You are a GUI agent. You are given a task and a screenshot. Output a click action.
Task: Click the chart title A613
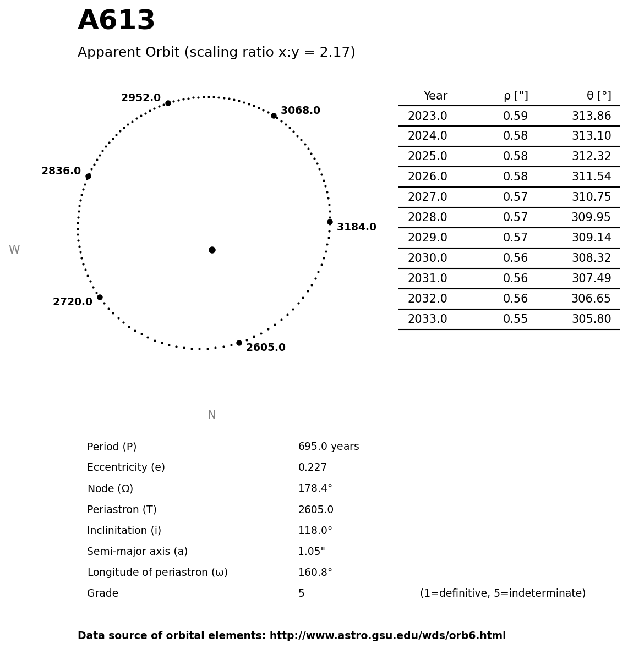[116, 21]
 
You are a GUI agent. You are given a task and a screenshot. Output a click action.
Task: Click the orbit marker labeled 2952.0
[168, 103]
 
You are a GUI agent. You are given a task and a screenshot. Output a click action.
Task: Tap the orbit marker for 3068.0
[274, 116]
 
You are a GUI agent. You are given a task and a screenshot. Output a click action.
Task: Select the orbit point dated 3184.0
[330, 222]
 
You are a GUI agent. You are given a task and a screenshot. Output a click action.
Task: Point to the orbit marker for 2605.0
[239, 343]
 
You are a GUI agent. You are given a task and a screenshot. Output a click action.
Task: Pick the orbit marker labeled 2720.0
[100, 297]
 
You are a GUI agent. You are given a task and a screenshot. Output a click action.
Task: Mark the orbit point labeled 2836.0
[88, 176]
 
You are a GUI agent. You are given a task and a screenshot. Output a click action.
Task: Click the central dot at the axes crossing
[212, 250]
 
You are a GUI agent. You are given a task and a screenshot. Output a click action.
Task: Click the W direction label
[14, 250]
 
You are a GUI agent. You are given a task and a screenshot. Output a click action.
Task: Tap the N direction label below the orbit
[212, 415]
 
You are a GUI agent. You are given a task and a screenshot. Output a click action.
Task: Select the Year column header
[435, 96]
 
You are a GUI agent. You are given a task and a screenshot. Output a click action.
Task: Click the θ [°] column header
[598, 96]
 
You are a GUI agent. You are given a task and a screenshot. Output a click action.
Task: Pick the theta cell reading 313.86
[591, 117]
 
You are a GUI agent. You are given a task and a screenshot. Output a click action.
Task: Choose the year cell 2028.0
[427, 218]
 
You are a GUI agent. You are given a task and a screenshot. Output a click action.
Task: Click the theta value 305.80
[591, 320]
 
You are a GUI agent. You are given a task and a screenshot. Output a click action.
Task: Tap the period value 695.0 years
[329, 447]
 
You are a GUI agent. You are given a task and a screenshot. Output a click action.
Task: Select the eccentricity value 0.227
[312, 468]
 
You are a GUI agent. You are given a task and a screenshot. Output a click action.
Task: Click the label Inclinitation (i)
[124, 531]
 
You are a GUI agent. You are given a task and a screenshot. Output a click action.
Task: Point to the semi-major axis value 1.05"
[312, 552]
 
